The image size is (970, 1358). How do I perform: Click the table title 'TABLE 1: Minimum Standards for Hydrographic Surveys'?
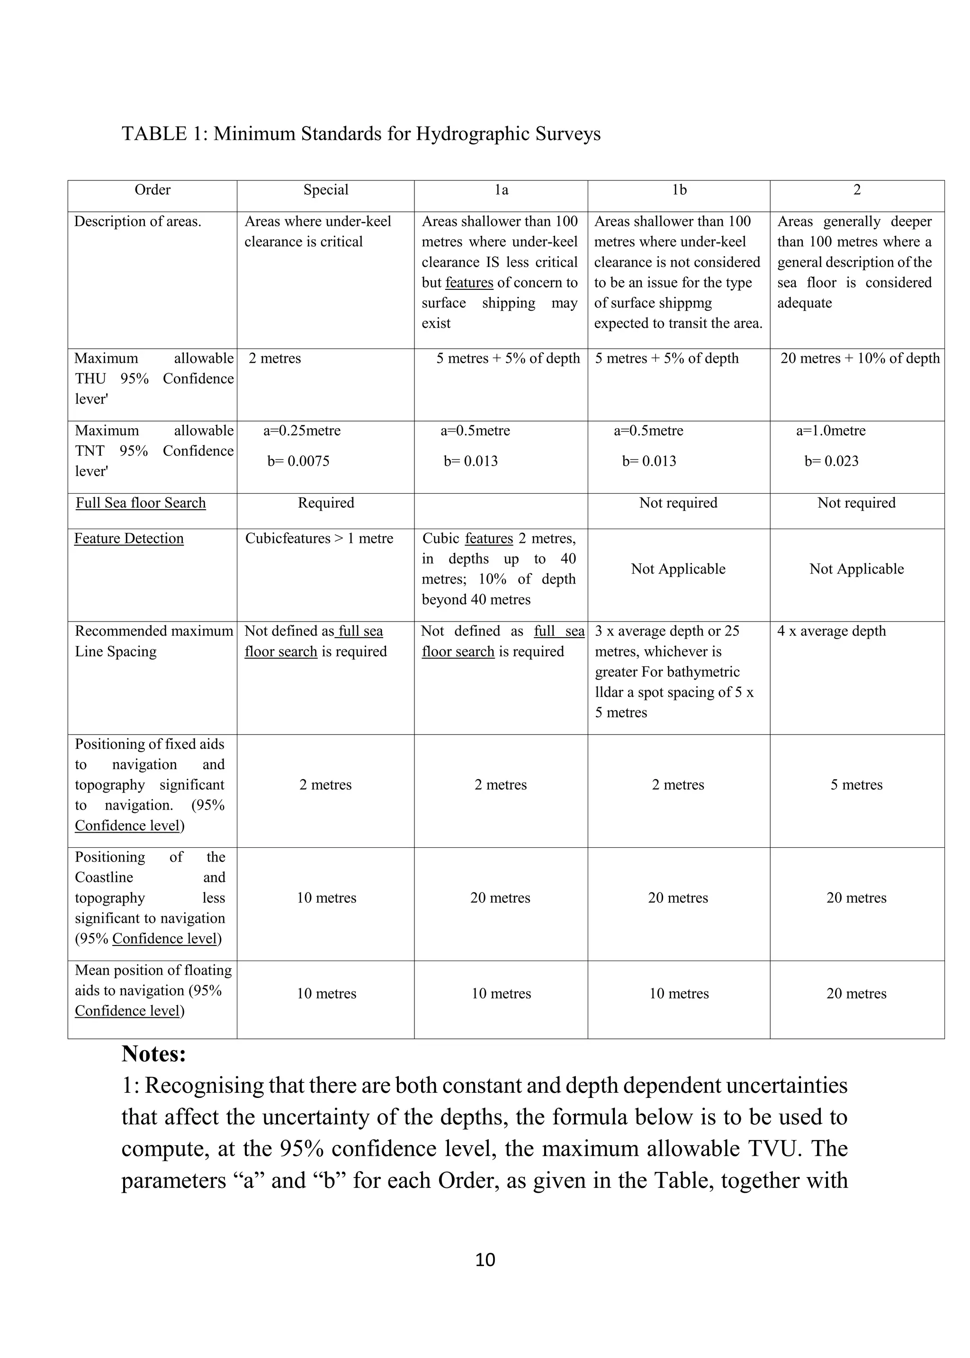coord(361,134)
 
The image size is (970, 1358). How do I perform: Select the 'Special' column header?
coord(325,190)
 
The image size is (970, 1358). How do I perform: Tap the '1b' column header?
coord(679,190)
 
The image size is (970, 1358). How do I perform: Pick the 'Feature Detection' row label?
coord(129,538)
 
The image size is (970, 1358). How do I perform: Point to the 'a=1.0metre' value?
coord(830,431)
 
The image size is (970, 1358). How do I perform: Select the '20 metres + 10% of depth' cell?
coord(860,358)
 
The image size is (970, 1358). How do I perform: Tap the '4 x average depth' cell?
coord(831,631)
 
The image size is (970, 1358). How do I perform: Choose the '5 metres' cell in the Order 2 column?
coord(856,785)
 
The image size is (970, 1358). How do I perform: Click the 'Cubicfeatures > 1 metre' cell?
coord(319,538)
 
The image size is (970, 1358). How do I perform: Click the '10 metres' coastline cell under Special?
coord(326,898)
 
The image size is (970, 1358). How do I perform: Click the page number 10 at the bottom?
coord(485,1259)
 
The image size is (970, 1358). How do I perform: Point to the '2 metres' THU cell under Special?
coord(275,358)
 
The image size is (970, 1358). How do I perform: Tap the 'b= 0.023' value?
coord(831,461)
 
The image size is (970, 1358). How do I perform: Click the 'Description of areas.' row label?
coord(138,222)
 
